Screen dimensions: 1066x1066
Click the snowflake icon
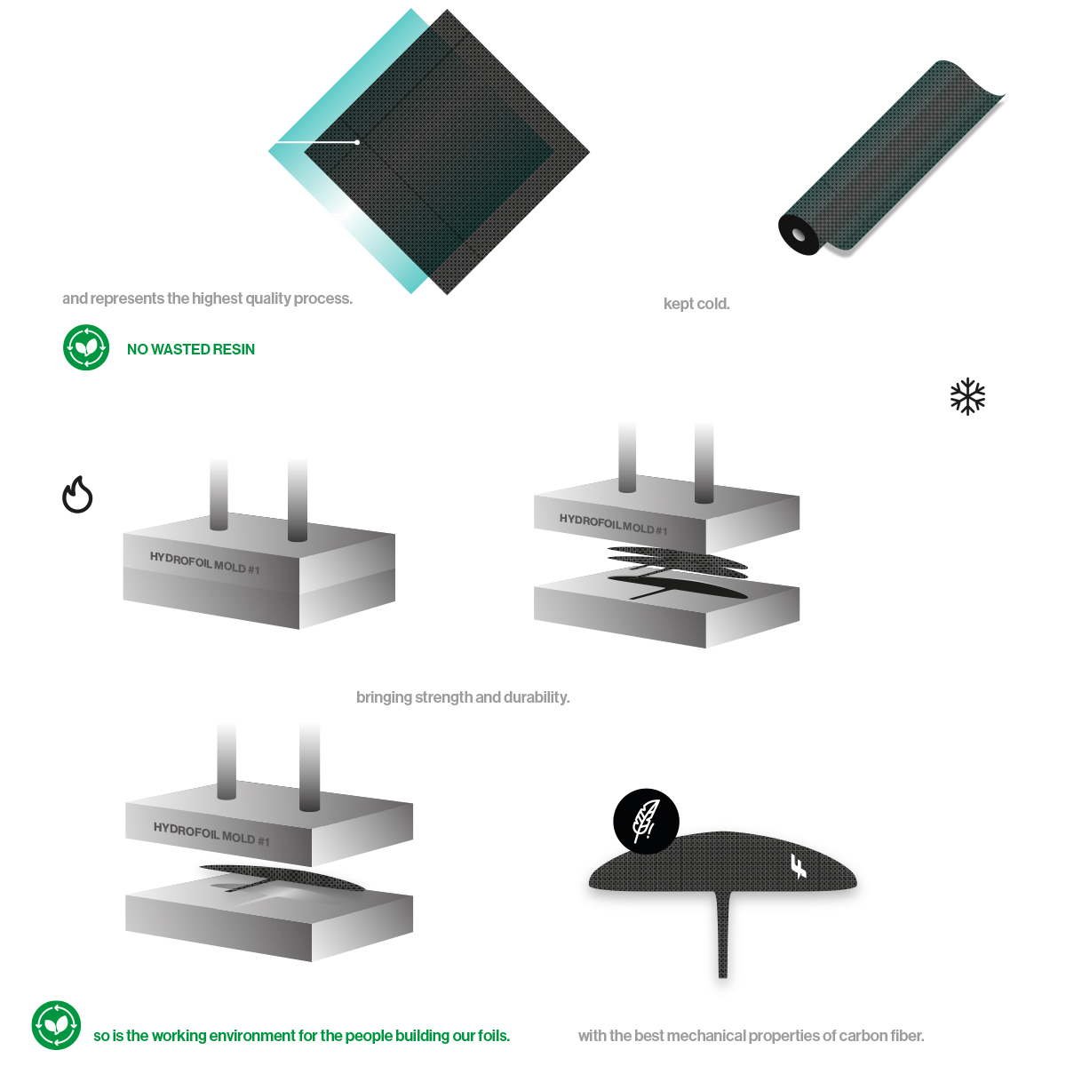[x=967, y=396]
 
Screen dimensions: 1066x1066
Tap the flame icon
[x=77, y=494]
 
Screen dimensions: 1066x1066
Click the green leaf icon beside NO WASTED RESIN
[x=86, y=347]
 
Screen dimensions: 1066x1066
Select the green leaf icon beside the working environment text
[x=56, y=1024]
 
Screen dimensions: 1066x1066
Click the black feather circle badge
[x=646, y=821]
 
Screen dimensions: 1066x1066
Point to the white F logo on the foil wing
[x=799, y=866]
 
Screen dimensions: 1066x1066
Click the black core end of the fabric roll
[x=799, y=235]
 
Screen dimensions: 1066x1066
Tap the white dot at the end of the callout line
[x=357, y=142]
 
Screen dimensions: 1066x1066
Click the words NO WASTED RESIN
[x=191, y=349]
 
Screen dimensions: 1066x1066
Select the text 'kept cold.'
[x=696, y=304]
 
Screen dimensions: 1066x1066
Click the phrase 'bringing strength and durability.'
[x=463, y=697]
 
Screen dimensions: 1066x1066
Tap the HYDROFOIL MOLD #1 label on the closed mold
[x=204, y=562]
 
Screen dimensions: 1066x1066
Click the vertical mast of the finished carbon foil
[x=722, y=934]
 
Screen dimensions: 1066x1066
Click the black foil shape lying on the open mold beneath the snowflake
[x=678, y=586]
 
